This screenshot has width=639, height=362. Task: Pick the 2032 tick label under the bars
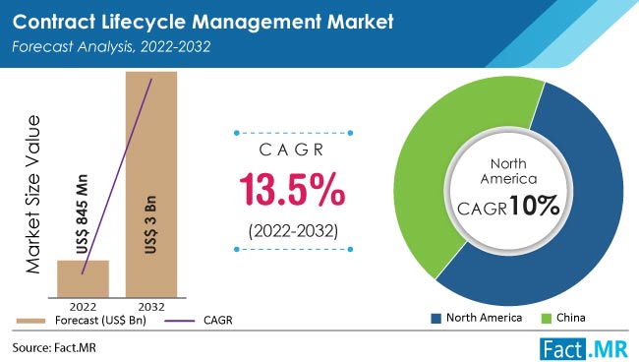click(x=150, y=304)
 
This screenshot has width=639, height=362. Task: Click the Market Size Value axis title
click(x=33, y=193)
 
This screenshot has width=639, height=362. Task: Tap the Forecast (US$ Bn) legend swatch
click(x=28, y=320)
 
